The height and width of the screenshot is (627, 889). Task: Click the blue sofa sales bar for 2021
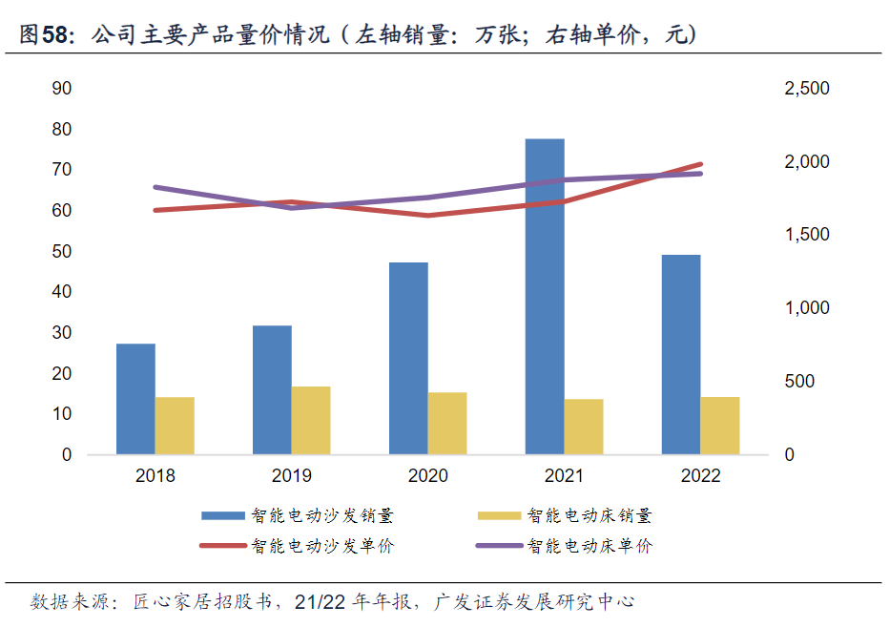click(x=545, y=296)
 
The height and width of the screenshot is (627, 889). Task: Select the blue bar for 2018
click(x=135, y=399)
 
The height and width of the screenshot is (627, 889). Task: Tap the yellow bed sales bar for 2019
click(x=311, y=420)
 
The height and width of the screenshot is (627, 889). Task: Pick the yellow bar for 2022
click(x=720, y=426)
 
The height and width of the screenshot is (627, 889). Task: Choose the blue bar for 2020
click(x=408, y=358)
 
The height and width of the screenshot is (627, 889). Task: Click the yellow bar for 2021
click(x=584, y=427)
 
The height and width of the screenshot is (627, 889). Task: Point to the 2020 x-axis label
click(x=427, y=475)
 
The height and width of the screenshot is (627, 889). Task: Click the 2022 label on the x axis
click(x=701, y=475)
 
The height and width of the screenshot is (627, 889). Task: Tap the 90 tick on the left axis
click(x=62, y=89)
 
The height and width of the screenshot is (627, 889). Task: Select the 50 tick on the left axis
click(x=62, y=251)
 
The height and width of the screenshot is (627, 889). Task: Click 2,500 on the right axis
click(x=806, y=89)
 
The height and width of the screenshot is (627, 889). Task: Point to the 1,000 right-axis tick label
click(x=806, y=308)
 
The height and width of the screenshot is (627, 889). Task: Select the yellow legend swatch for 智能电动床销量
click(x=499, y=516)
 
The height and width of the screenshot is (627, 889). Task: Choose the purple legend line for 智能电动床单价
click(x=499, y=546)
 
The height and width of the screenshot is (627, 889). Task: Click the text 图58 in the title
click(x=45, y=36)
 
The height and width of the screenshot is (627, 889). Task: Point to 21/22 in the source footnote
click(x=321, y=602)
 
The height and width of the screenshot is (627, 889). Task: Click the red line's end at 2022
click(x=700, y=164)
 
